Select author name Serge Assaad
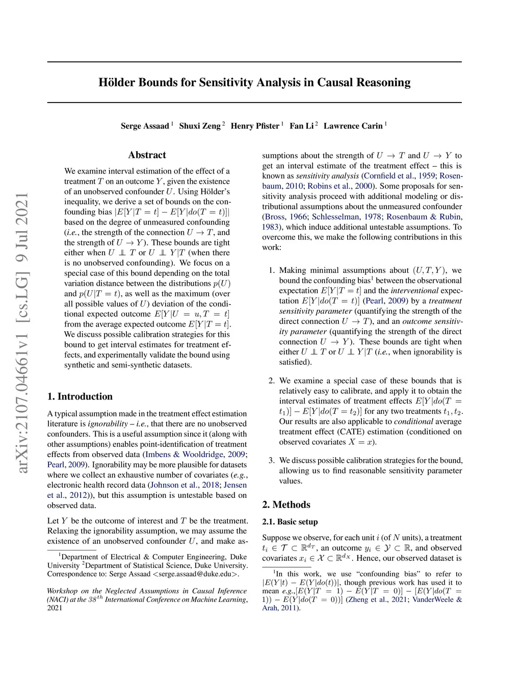[145, 126]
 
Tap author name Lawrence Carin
[353, 126]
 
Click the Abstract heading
[147, 155]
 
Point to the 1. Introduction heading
[80, 396]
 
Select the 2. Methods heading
[286, 505]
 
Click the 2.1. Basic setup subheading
[290, 522]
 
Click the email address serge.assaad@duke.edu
[196, 574]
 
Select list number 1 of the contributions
[272, 270]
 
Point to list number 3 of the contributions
[272, 460]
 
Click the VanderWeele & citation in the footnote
[437, 599]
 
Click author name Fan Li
[302, 126]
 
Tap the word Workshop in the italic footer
[62, 591]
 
